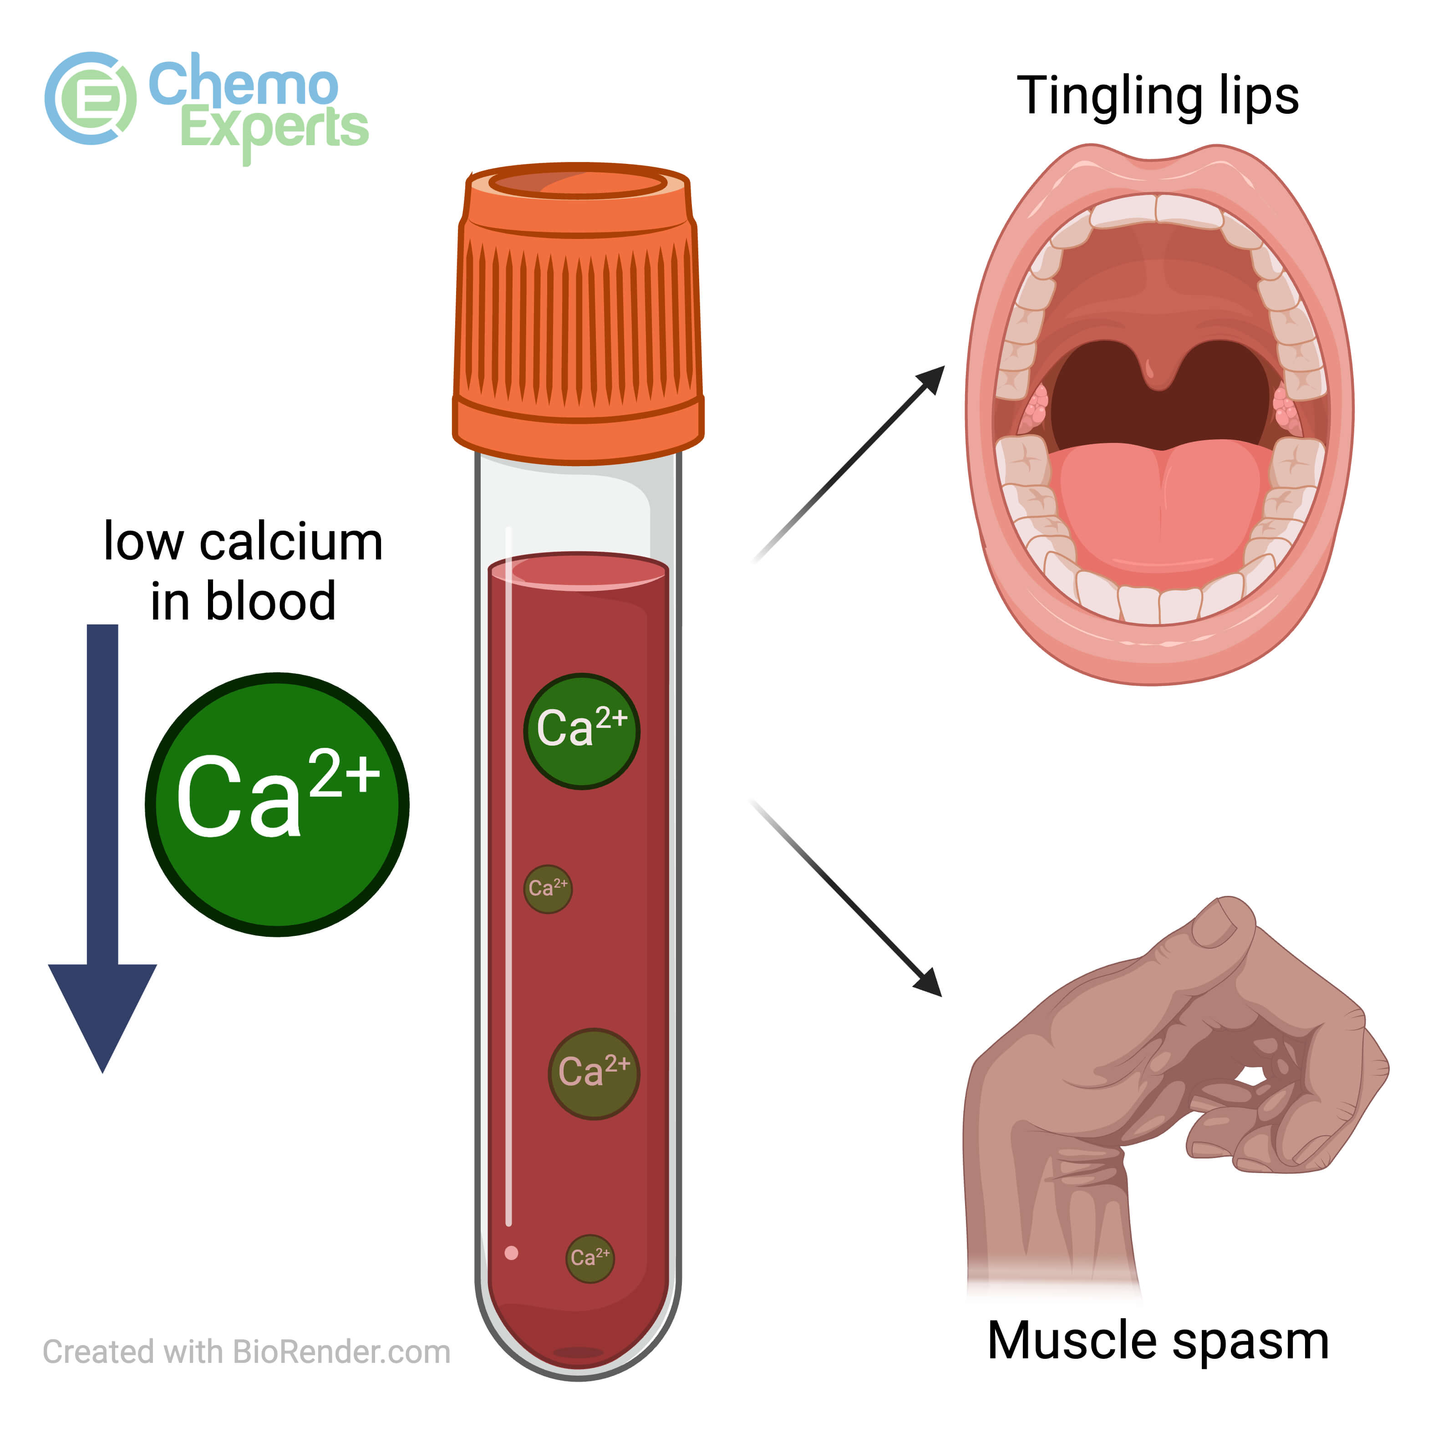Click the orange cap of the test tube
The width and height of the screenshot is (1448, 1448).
tap(578, 315)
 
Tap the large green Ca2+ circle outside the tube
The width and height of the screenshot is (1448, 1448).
tap(277, 804)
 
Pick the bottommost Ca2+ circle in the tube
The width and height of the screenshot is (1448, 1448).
tap(590, 1258)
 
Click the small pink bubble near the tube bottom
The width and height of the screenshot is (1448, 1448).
tap(512, 1252)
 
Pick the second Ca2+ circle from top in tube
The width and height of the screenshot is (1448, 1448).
tap(548, 889)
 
